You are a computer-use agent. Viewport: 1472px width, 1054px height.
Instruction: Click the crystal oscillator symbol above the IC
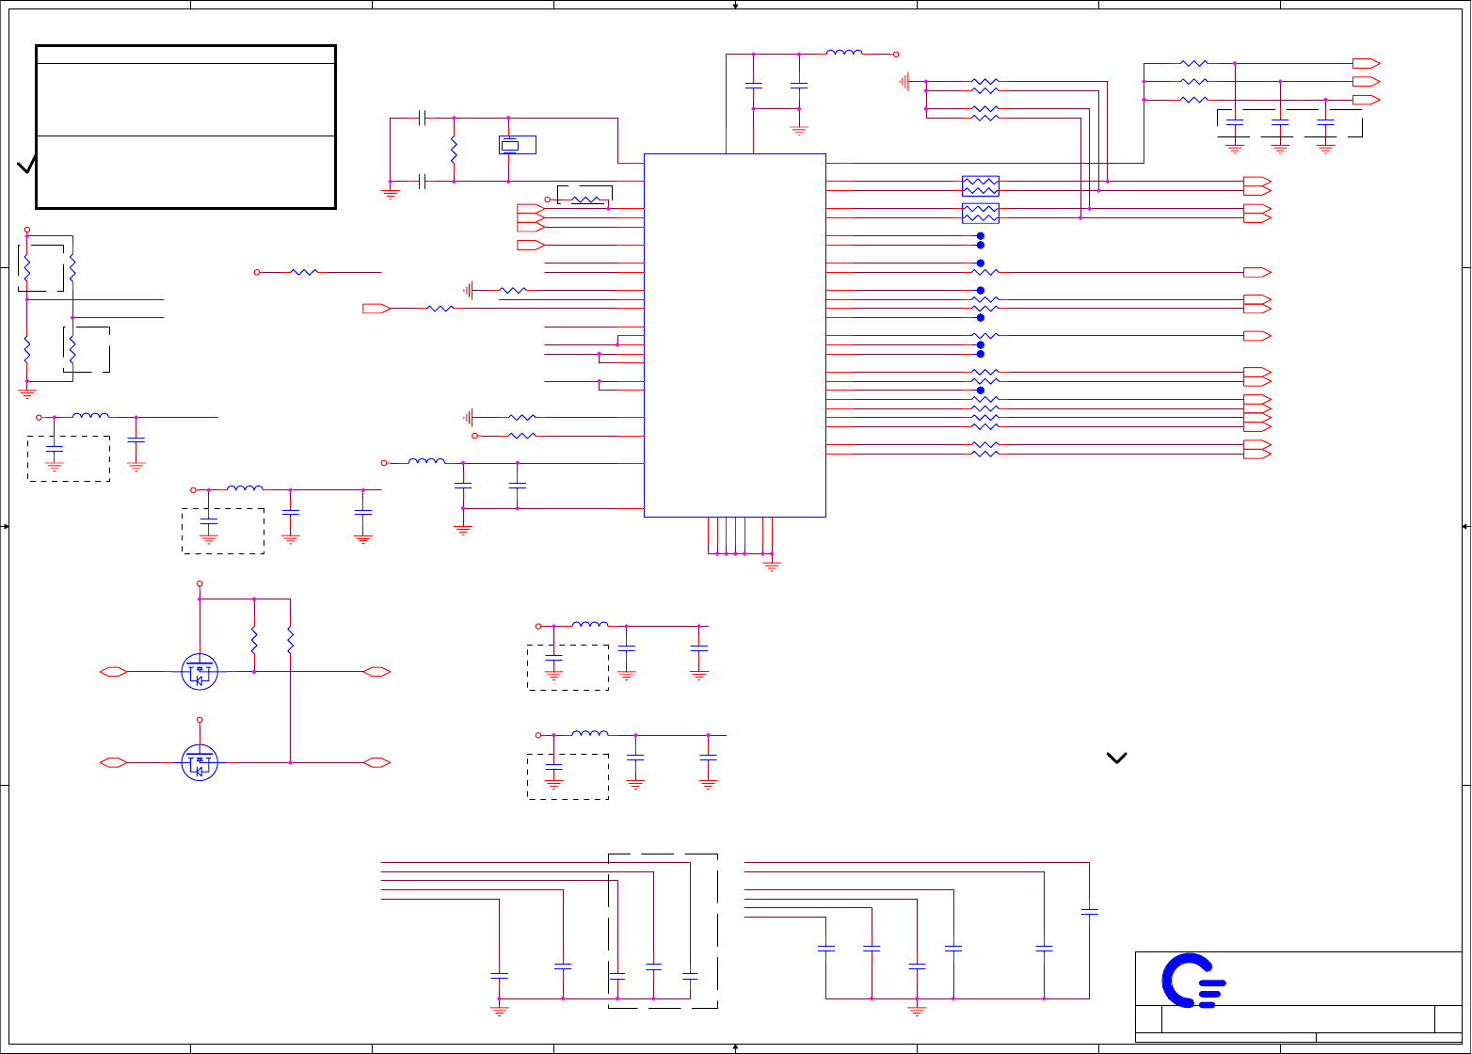tap(508, 145)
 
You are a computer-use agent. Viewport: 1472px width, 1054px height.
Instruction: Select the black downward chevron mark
tap(1116, 758)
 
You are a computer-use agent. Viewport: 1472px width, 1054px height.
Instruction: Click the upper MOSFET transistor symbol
tap(199, 672)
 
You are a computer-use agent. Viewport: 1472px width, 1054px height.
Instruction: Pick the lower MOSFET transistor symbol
tap(199, 762)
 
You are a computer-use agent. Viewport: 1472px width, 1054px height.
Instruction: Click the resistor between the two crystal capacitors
tap(454, 150)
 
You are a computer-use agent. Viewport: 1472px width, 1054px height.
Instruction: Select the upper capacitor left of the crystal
tap(423, 118)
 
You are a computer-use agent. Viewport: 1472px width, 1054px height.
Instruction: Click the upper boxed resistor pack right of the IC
tap(980, 185)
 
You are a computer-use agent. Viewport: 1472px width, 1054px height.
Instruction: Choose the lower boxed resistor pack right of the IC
tap(980, 213)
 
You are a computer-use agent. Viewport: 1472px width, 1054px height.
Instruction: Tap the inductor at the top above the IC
tap(843, 54)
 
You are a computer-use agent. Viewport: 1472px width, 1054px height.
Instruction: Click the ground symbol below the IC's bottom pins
tap(772, 566)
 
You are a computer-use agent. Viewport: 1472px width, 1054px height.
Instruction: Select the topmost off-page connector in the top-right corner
tap(1366, 63)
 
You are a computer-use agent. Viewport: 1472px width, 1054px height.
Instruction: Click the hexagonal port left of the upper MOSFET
tap(114, 672)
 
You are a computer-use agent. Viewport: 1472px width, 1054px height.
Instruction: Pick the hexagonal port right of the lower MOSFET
tap(376, 762)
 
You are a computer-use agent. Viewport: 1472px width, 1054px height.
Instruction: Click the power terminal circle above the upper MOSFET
tap(200, 583)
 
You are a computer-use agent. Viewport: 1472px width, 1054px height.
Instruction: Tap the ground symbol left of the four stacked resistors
tap(904, 82)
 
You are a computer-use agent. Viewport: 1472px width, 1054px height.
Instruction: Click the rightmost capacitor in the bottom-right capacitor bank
tap(1089, 911)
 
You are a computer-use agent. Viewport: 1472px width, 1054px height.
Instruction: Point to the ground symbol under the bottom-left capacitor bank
tap(499, 1011)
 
